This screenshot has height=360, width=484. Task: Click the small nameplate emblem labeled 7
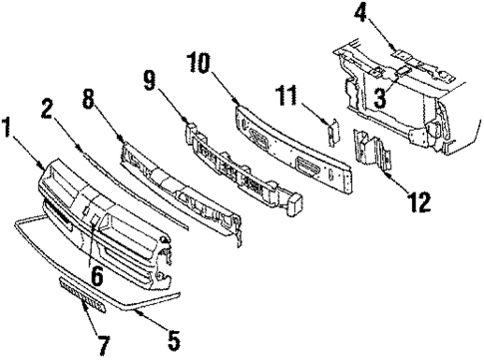(81, 295)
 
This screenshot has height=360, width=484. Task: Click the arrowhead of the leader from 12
(386, 176)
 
